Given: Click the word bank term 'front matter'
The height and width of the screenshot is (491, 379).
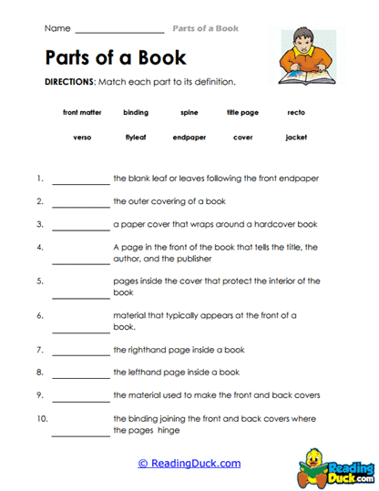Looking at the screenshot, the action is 82,113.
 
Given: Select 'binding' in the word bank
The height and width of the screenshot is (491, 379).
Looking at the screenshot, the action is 136,113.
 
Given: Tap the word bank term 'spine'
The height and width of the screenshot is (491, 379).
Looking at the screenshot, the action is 189,113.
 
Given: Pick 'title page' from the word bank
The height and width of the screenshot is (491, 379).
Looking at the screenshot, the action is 242,113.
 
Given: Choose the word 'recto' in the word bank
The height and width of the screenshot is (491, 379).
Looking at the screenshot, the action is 295,113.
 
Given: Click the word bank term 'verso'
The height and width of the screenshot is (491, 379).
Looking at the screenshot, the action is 82,138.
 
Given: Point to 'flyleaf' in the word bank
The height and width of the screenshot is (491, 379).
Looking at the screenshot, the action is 136,138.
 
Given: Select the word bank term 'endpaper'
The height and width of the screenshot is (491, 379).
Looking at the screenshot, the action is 189,138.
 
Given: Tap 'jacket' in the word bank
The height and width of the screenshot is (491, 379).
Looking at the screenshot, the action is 295,138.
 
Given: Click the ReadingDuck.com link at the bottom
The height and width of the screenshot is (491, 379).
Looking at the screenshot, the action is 189,463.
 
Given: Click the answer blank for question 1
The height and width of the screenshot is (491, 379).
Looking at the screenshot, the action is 81,182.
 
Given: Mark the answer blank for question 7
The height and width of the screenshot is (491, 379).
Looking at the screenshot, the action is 81,353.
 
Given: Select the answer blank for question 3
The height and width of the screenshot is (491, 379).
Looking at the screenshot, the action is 81,227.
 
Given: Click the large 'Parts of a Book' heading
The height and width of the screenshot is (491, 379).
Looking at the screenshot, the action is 115,57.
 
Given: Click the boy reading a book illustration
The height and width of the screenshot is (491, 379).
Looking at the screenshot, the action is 305,59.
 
